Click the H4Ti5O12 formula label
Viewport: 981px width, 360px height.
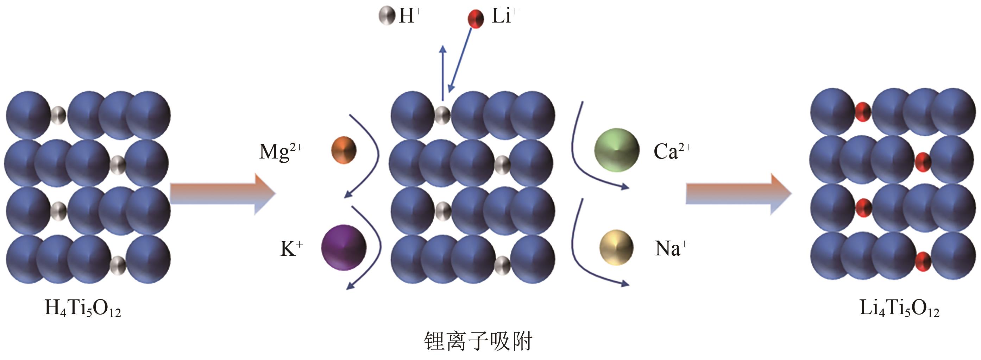coord(83,309)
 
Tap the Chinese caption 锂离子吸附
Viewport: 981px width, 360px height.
coord(478,341)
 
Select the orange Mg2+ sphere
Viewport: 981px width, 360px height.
coord(344,150)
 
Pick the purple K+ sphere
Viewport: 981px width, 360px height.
coord(344,248)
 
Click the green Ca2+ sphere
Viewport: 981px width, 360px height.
coord(617,150)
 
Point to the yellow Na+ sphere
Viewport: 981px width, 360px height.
coord(616,248)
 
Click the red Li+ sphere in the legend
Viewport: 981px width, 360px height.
coord(476,18)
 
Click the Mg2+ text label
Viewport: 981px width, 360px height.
coord(281,151)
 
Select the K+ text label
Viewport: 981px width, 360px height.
coord(291,248)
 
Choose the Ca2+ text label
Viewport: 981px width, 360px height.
coord(672,151)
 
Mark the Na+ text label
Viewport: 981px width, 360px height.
coord(671,248)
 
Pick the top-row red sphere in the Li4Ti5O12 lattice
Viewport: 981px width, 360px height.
coord(863,112)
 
